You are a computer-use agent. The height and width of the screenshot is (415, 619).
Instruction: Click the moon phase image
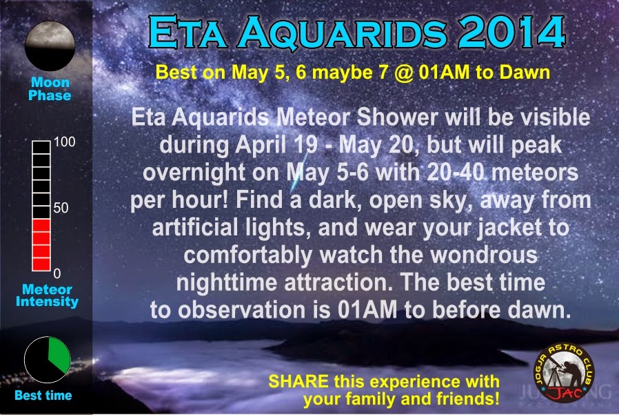[50, 46]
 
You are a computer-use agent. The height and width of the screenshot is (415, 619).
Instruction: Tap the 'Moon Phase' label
[50, 88]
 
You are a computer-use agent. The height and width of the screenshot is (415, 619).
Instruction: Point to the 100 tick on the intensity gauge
[64, 142]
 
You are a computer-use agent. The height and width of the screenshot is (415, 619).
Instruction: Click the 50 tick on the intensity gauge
[61, 208]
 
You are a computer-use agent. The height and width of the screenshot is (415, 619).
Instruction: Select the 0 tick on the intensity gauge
[57, 273]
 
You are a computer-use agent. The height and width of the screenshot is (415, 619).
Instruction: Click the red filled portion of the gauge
[41, 245]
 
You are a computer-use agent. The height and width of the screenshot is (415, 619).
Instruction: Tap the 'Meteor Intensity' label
[48, 295]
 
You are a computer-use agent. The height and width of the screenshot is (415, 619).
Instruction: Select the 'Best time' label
[43, 395]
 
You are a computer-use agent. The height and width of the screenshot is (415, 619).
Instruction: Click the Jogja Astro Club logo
[564, 372]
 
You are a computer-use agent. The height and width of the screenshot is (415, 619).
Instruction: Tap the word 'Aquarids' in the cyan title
[342, 33]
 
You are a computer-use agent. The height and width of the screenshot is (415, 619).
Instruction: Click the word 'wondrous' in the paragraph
[484, 255]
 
